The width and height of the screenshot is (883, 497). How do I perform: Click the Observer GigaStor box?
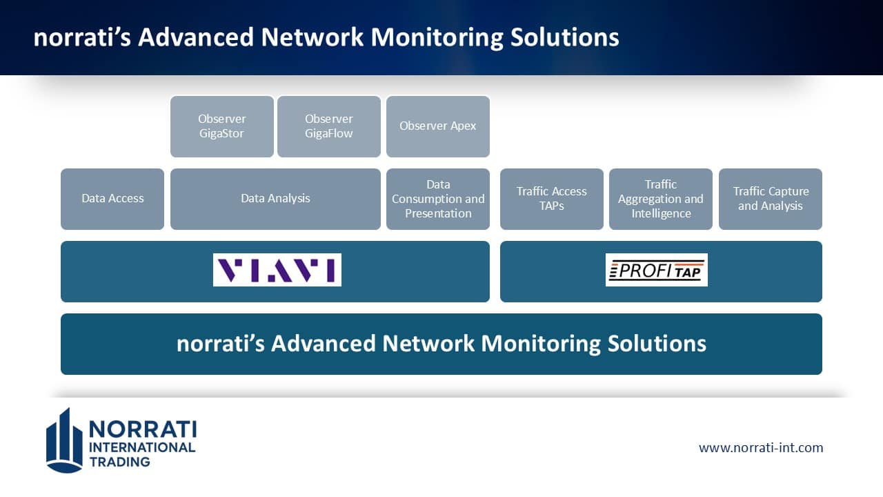(x=222, y=126)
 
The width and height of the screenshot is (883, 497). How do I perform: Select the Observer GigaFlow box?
(x=329, y=126)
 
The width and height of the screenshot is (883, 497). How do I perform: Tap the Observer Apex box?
(x=438, y=126)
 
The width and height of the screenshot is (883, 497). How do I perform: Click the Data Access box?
(x=112, y=199)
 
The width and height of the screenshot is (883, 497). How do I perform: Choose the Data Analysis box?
(x=275, y=199)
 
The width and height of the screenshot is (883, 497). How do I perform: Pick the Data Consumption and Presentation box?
(x=438, y=199)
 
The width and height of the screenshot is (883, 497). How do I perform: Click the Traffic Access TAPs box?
(x=552, y=199)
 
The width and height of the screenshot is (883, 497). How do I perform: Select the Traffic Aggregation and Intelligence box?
(x=661, y=199)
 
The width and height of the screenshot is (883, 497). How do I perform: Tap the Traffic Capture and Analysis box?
(x=771, y=199)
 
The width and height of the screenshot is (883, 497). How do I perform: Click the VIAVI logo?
(x=277, y=270)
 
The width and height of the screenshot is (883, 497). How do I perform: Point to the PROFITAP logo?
(x=657, y=270)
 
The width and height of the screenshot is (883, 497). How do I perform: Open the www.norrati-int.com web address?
(x=761, y=447)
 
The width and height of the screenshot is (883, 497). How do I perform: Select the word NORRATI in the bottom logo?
(x=143, y=429)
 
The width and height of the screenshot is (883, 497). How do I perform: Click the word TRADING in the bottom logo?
(x=120, y=462)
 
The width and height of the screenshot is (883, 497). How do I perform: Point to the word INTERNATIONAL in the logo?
(x=143, y=447)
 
